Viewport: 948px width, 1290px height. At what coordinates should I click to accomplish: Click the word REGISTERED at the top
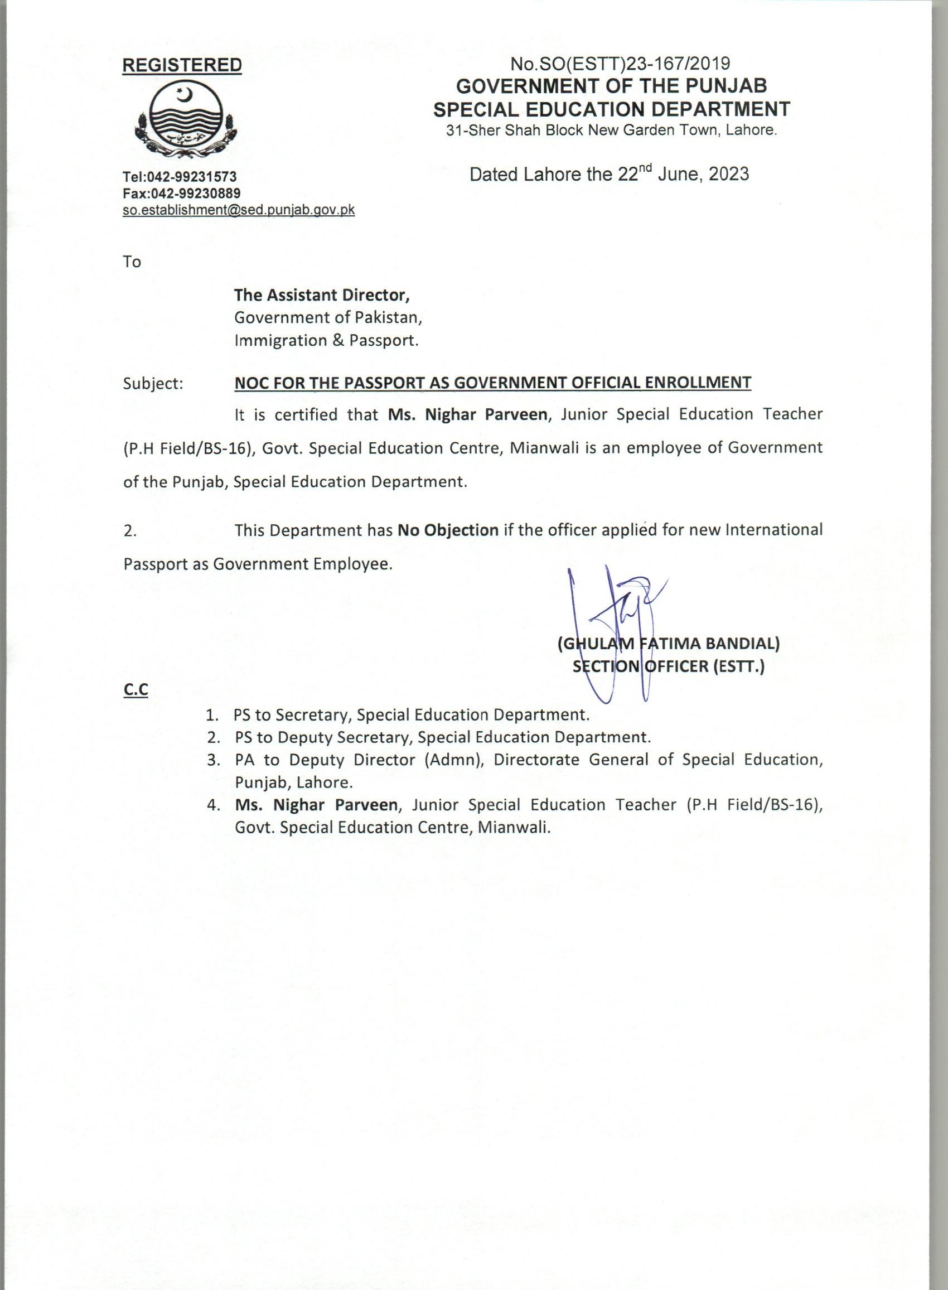pos(182,65)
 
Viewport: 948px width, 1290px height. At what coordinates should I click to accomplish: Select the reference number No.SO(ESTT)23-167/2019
pos(620,64)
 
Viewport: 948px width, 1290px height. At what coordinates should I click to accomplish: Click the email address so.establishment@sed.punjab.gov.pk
pos(239,210)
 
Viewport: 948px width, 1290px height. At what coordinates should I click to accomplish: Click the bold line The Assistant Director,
pos(322,296)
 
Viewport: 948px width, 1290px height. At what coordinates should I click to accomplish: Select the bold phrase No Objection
pos(448,530)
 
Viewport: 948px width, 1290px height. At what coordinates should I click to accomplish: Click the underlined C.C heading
pos(136,690)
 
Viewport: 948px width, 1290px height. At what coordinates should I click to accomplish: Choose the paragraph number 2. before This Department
pos(130,531)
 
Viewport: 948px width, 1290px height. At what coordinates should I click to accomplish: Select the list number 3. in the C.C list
pos(215,760)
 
